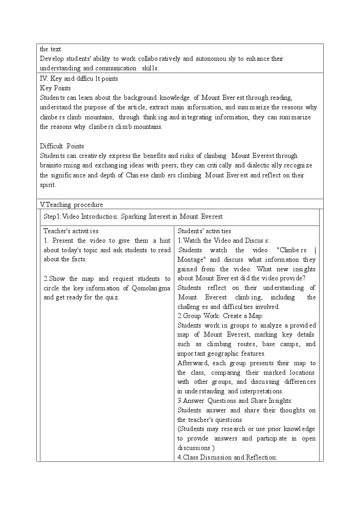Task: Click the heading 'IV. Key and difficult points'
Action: point(79,78)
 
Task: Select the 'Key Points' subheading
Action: point(55,88)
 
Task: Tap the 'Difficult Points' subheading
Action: point(62,146)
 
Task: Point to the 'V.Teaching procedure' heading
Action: point(71,205)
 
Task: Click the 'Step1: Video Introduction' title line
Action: point(133,216)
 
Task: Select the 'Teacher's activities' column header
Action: point(71,231)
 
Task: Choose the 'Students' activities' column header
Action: point(204,231)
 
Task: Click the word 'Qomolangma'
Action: point(152,288)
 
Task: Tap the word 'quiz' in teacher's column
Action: point(111,298)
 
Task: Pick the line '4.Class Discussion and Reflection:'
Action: point(227,457)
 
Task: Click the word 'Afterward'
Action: point(192,363)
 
